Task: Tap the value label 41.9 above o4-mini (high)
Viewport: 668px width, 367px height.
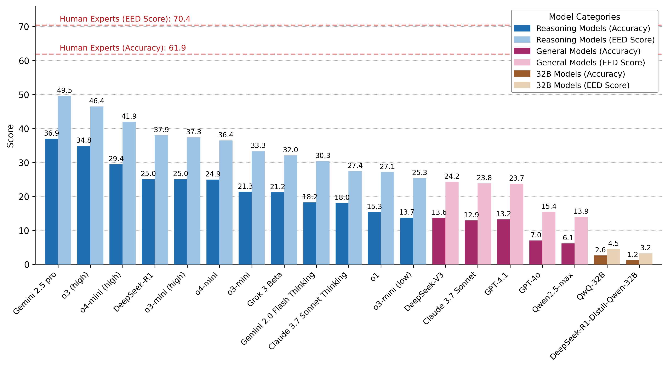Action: click(129, 116)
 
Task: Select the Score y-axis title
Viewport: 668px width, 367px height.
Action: click(10, 136)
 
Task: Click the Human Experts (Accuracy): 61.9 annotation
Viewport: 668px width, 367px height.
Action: click(123, 48)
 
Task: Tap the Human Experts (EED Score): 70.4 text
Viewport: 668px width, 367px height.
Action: click(125, 19)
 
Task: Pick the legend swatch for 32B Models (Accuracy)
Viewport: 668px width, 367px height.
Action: click(522, 74)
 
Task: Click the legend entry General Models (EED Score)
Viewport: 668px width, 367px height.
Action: click(590, 63)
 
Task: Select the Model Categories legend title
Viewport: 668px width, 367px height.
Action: click(584, 17)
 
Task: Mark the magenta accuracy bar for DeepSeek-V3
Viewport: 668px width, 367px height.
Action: click(439, 241)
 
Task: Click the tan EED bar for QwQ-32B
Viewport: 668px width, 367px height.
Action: click(613, 257)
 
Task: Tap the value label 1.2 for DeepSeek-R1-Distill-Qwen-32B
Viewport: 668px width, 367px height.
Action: click(633, 255)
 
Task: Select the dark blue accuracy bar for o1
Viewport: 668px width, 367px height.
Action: click(374, 238)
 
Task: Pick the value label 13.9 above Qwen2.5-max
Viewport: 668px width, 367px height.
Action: click(581, 211)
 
